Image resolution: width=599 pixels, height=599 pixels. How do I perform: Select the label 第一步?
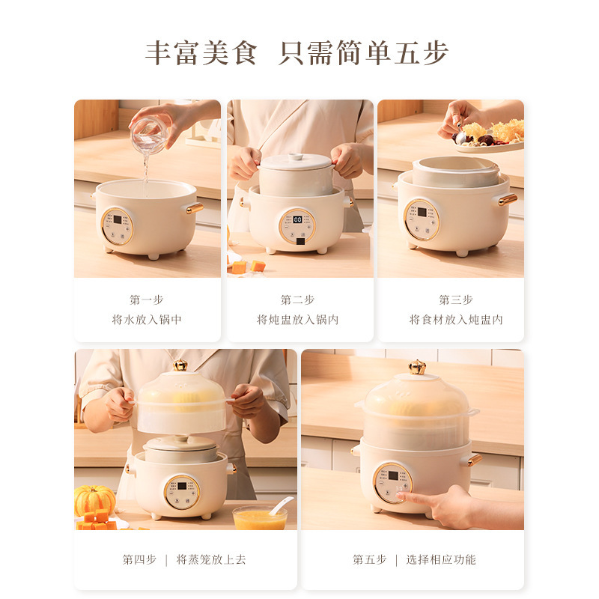click(147, 299)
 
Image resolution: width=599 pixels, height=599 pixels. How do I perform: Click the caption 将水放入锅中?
click(147, 320)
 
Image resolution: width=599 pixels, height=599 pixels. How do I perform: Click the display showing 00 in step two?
click(297, 220)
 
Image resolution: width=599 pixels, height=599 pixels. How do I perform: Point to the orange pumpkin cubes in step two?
click(248, 267)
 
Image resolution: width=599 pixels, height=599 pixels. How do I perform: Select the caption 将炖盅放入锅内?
click(298, 320)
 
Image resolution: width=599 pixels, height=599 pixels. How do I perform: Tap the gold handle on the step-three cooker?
click(508, 199)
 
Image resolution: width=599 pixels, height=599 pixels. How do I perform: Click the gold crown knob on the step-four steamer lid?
click(180, 365)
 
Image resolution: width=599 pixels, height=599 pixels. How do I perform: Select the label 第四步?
click(139, 559)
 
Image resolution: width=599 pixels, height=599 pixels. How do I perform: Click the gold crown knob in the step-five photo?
click(417, 367)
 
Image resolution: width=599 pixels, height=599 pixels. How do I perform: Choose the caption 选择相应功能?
click(441, 559)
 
